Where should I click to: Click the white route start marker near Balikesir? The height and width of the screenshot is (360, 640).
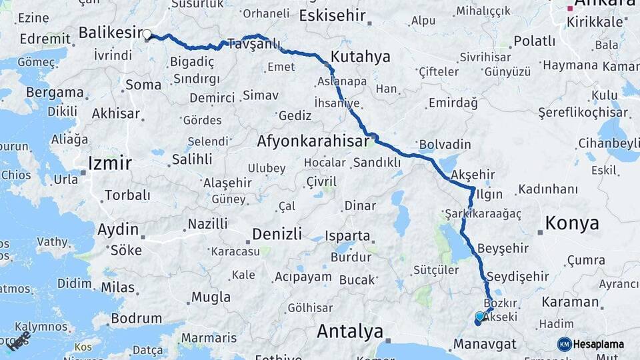pos(147,34)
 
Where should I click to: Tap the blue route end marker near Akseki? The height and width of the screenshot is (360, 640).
pos(479,317)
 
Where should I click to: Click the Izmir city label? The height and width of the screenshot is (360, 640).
pos(109,163)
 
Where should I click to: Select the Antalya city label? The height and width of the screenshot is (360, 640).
pos(350,331)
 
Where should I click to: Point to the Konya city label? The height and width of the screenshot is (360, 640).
pos(572,223)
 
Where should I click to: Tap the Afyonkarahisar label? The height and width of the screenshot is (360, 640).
pos(313,141)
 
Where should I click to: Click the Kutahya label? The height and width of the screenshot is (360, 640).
pos(360,57)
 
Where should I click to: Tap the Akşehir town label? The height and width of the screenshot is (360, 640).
pos(473,175)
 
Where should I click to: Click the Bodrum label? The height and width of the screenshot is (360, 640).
pos(136,318)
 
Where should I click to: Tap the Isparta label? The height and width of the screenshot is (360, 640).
pos(347,236)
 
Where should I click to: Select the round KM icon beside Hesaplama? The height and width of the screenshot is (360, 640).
pos(564,344)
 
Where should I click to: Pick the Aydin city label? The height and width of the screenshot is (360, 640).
pos(119,230)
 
